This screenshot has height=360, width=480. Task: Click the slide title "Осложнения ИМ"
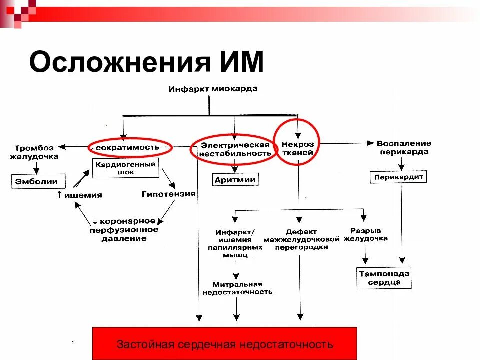(x=146, y=63)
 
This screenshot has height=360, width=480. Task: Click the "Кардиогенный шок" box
(x=125, y=168)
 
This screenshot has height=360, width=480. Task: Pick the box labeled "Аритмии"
(x=235, y=180)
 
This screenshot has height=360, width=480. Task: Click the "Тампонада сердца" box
(x=384, y=278)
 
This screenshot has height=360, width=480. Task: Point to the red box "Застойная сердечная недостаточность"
(x=225, y=344)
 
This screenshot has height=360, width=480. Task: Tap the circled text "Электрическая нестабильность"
(x=235, y=149)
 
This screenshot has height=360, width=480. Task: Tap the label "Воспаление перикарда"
(x=403, y=147)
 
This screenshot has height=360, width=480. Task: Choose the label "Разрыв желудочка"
(x=366, y=235)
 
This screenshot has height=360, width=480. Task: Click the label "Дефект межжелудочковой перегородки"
(x=299, y=239)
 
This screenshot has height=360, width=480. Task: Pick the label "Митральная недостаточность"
(x=237, y=288)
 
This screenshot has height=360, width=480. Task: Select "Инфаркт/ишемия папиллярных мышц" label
(x=235, y=243)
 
